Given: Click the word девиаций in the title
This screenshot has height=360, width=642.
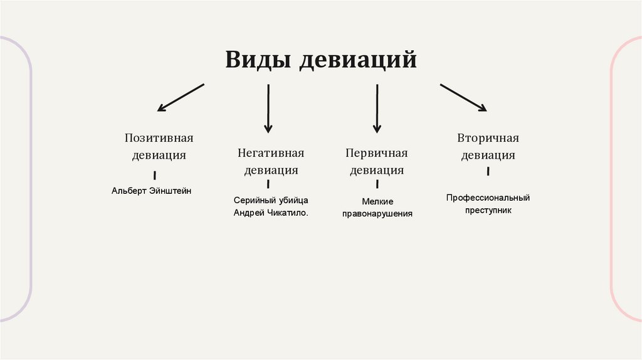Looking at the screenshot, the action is [x=358, y=60].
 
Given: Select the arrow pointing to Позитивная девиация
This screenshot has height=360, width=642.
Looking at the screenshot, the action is [x=181, y=97].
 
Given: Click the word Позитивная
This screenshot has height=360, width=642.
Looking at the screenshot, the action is [x=159, y=138].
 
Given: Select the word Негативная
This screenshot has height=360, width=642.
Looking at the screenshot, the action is [x=270, y=153].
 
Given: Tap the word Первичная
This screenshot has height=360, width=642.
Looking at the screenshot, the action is [x=376, y=153].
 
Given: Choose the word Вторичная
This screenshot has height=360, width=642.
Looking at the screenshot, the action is [x=488, y=138].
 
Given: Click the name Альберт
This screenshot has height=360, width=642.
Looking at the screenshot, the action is [x=130, y=190].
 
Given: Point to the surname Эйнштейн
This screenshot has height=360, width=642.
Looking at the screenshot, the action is [x=171, y=190].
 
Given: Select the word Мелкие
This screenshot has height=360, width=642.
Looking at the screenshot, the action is [x=377, y=201].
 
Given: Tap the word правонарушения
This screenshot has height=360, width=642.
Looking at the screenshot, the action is [x=377, y=214].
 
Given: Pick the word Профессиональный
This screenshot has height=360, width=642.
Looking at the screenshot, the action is [x=488, y=198].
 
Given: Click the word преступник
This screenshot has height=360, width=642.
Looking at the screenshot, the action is [x=488, y=210].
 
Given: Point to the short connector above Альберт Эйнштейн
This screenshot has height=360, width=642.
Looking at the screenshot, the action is [x=155, y=176].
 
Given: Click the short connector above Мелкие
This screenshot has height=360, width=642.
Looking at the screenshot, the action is [x=377, y=184].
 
